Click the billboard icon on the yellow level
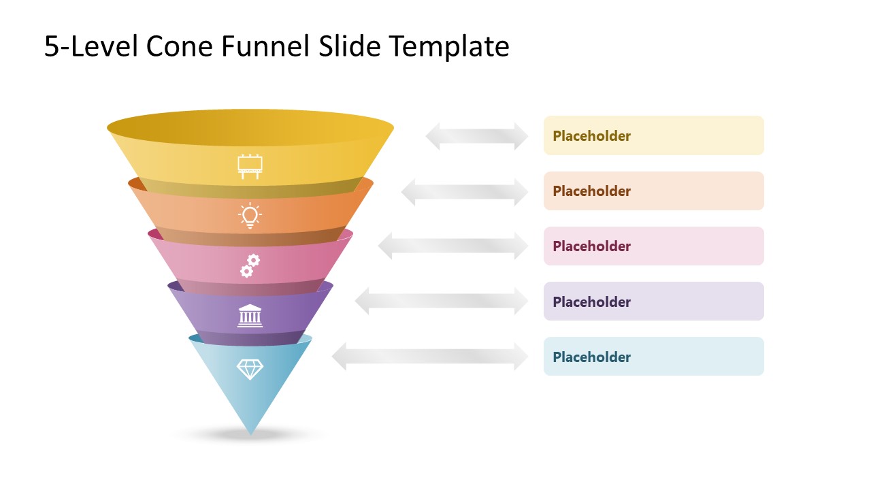pos(250,166)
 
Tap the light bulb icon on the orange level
pos(250,215)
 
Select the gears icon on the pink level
pos(250,265)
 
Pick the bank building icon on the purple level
pos(250,315)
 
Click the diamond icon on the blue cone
pos(250,369)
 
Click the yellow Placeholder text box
pos(653,135)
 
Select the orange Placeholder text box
pos(653,191)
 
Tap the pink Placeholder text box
pos(653,246)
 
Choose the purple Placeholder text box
pos(653,301)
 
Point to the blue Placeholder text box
pos(653,357)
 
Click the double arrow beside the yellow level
pos(476,136)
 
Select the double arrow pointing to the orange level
pos(464,191)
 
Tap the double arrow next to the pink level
pos(453,246)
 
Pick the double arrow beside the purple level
pos(441,301)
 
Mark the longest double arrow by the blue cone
pos(429,357)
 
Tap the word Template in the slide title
pos(449,46)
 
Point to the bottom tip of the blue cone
pos(250,433)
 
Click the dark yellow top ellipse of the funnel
pos(250,127)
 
